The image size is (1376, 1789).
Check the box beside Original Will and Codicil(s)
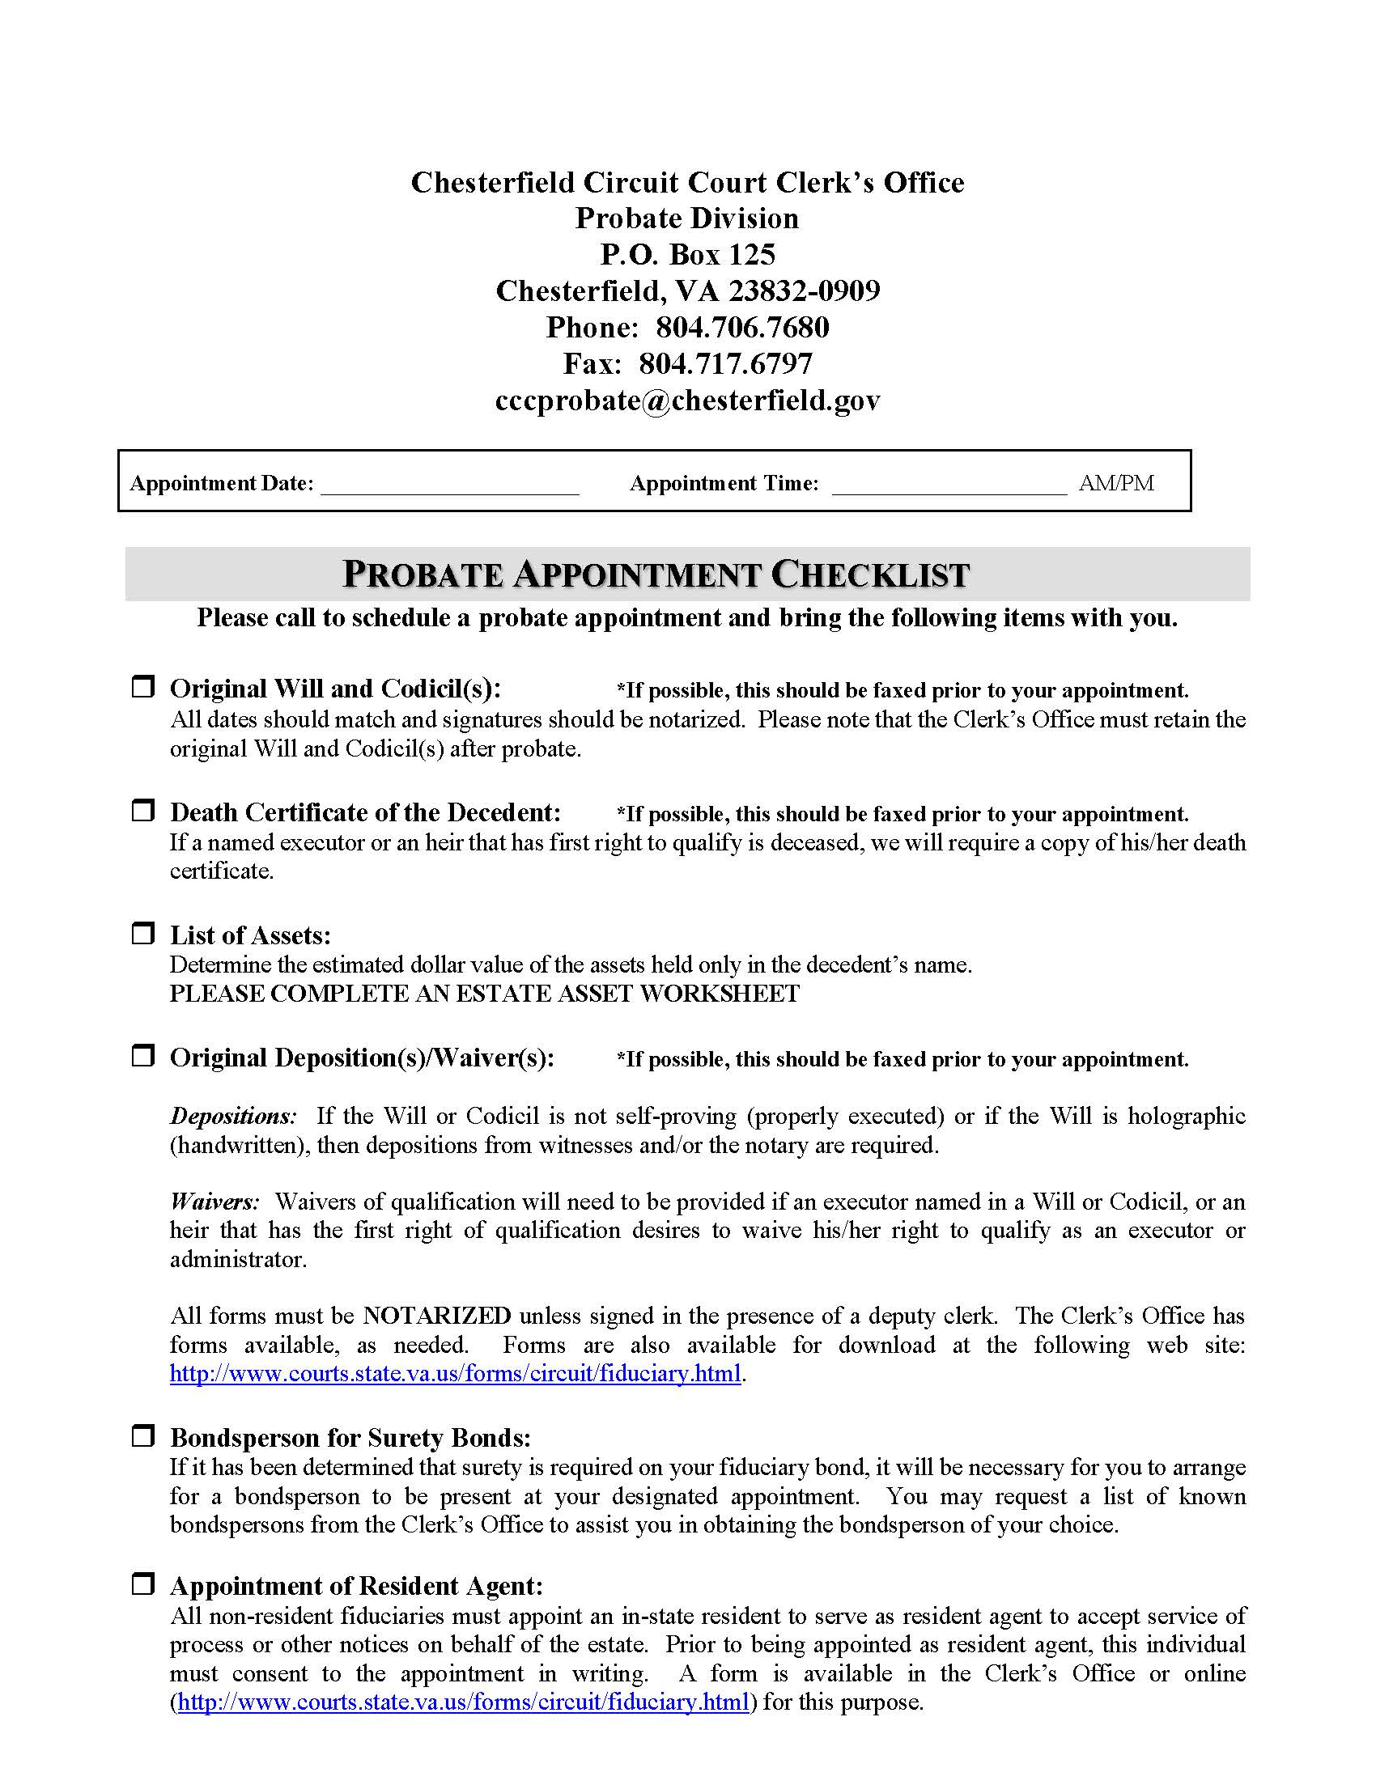[x=143, y=686]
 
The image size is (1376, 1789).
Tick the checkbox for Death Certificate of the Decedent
[x=143, y=810]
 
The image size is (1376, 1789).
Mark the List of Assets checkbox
[x=143, y=933]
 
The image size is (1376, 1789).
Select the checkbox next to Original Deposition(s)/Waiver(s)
[x=143, y=1055]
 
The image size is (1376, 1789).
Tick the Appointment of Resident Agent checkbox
[x=143, y=1583]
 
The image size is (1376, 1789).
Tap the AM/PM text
[x=1115, y=483]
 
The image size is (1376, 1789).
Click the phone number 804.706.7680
[x=742, y=328]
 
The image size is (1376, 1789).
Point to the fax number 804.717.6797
[x=726, y=363]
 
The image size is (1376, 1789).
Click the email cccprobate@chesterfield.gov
[x=687, y=400]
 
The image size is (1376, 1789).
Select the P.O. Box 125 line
[x=687, y=255]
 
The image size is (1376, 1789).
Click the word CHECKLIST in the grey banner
[x=871, y=574]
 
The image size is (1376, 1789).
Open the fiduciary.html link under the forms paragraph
[x=455, y=1373]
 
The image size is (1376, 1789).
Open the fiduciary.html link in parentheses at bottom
[x=463, y=1702]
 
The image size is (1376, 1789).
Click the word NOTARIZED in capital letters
[x=436, y=1316]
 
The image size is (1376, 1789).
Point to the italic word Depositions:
[x=232, y=1116]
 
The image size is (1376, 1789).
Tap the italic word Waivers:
[x=214, y=1202]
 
